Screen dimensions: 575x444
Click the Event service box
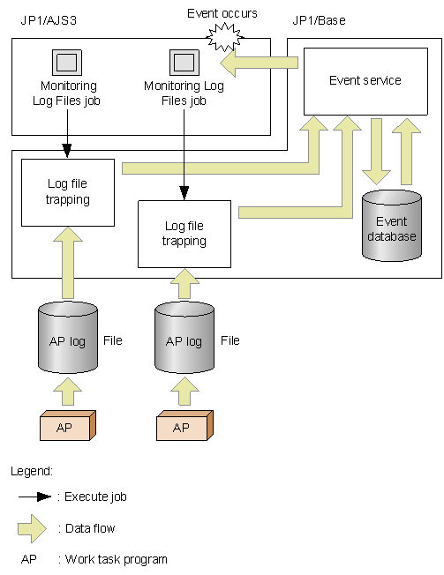365,80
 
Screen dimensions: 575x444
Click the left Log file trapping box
68,191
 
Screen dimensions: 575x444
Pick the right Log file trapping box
184,234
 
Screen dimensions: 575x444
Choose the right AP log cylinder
184,338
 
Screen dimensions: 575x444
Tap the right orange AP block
184,427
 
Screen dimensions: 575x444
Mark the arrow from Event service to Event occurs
261,63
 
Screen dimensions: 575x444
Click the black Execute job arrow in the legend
36,497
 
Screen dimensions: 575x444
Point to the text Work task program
112,559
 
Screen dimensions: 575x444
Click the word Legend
32,472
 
